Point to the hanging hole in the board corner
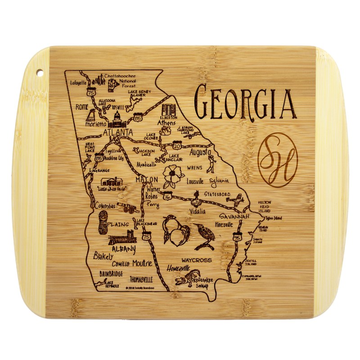pyautogui.click(x=39, y=72)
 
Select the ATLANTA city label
pyautogui.click(x=117, y=132)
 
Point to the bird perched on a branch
pyautogui.click(x=203, y=236)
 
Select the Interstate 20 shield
pyautogui.click(x=176, y=145)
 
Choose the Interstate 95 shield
pyautogui.click(x=238, y=236)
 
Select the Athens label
pyautogui.click(x=166, y=122)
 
